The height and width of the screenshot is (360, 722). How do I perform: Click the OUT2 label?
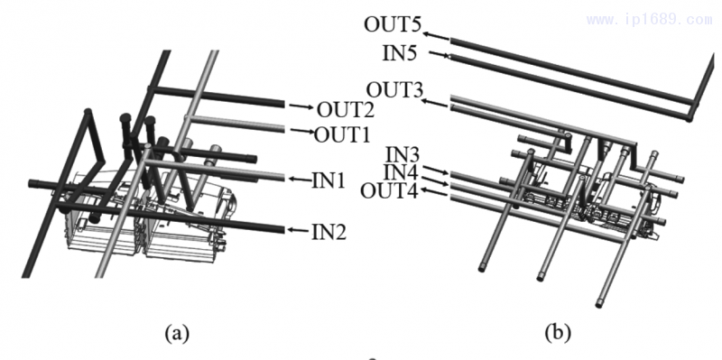tap(345, 109)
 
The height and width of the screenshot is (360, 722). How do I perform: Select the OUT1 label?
tap(342, 135)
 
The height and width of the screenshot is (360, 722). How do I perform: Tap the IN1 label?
tap(329, 180)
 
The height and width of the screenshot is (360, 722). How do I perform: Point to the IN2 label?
tap(329, 233)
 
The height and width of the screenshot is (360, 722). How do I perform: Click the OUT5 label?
tap(393, 25)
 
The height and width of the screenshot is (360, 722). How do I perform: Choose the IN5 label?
tap(400, 54)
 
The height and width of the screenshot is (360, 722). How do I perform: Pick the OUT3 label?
tap(394, 90)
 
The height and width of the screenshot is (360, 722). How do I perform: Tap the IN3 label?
tap(402, 154)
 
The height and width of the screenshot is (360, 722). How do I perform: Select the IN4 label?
tap(401, 172)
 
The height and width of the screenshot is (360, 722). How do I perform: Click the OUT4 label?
tap(389, 190)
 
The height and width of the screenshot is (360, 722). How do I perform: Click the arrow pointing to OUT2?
tap(301, 106)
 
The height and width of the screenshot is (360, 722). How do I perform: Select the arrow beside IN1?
tap(300, 179)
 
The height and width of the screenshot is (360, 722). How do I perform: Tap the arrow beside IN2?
tap(299, 230)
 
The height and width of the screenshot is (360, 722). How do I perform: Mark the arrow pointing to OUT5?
tap(436, 36)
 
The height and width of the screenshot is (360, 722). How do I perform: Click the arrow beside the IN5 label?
tap(439, 55)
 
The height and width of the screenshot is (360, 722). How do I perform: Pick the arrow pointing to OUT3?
tap(435, 103)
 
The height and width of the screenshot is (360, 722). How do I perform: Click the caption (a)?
tap(177, 332)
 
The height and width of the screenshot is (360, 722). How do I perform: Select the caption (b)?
tap(558, 332)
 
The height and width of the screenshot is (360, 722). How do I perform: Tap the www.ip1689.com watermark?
tap(649, 20)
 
